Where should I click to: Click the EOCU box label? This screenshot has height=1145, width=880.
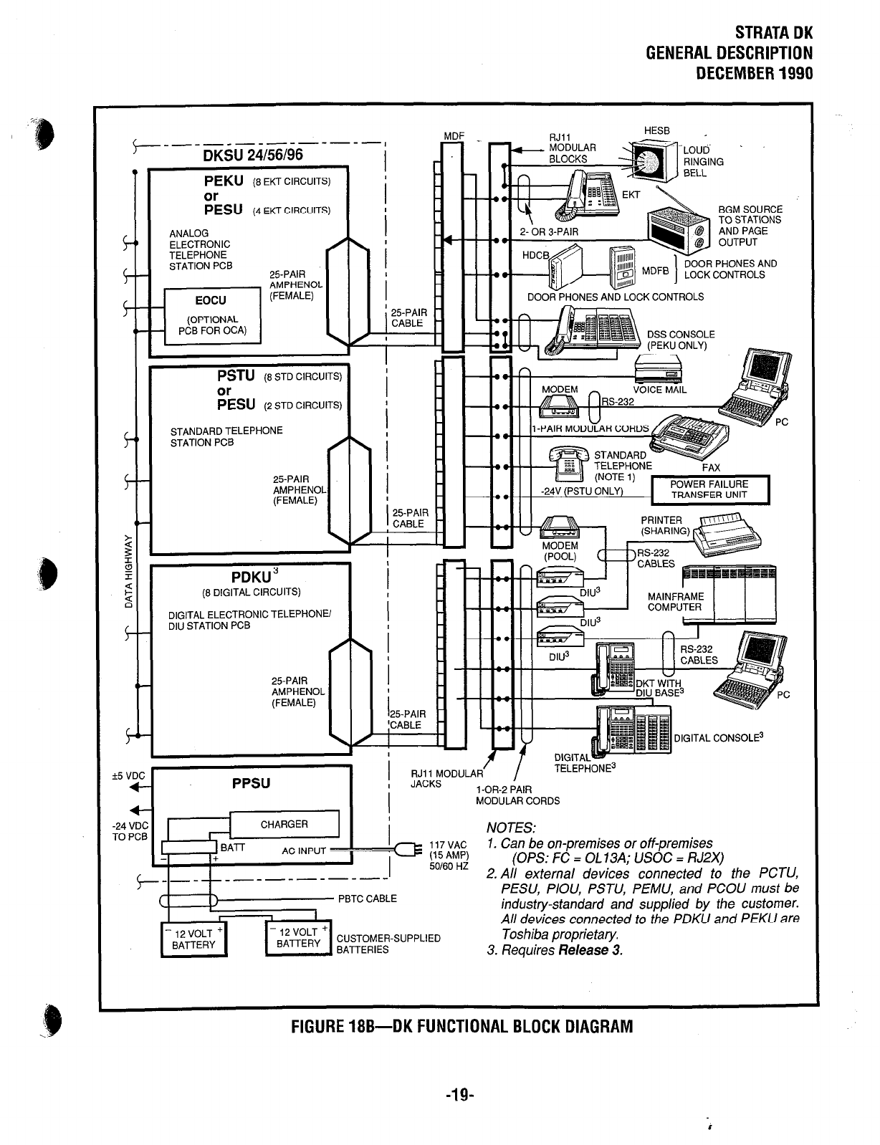click(x=212, y=300)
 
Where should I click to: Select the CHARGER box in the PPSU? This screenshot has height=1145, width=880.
click(x=284, y=824)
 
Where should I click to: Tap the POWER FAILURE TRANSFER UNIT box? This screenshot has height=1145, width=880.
click(x=709, y=489)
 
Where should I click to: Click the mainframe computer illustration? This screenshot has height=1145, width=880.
click(x=729, y=592)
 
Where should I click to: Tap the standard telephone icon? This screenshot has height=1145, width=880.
click(x=568, y=464)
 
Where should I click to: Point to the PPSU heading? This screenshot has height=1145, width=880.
click(x=252, y=783)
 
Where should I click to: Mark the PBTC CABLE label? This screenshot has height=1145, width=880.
click(x=368, y=899)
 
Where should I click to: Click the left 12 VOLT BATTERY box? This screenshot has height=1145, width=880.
click(x=193, y=939)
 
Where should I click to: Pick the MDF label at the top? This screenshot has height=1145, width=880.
click(x=454, y=135)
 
